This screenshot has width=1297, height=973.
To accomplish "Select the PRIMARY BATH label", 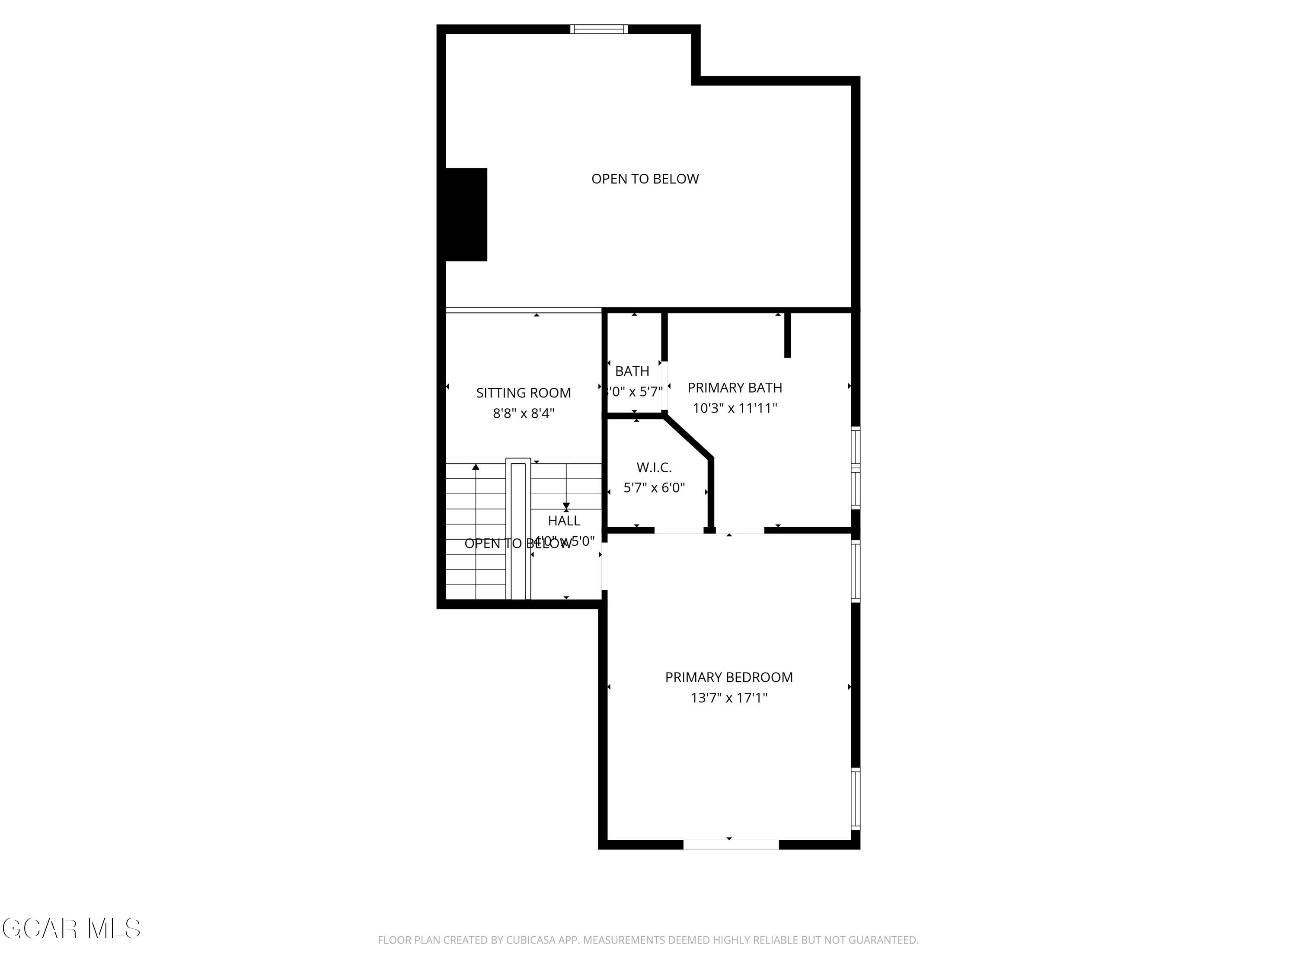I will tap(734, 387).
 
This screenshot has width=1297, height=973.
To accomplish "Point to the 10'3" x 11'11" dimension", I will tap(734, 408).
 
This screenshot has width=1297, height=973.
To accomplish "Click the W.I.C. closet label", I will tap(654, 467).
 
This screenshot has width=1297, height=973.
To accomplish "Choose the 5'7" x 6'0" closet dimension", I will tap(654, 488).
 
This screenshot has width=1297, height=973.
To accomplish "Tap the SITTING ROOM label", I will tap(523, 393).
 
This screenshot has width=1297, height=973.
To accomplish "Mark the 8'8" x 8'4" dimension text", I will tap(523, 413).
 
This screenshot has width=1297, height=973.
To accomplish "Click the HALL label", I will tap(564, 521).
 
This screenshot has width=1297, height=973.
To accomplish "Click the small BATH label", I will tap(632, 371).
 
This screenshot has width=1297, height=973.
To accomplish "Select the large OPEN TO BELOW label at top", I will tap(645, 179).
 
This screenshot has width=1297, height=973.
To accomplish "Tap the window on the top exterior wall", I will tap(599, 29).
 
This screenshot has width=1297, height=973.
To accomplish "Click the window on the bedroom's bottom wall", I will tap(731, 845).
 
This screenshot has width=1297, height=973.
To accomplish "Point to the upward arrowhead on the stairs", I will tap(476, 467).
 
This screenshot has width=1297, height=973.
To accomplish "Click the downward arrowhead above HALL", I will tap(566, 506).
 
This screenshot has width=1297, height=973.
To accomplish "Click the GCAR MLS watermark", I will tap(71, 928).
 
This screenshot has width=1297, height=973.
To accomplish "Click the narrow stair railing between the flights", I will tap(518, 530).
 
